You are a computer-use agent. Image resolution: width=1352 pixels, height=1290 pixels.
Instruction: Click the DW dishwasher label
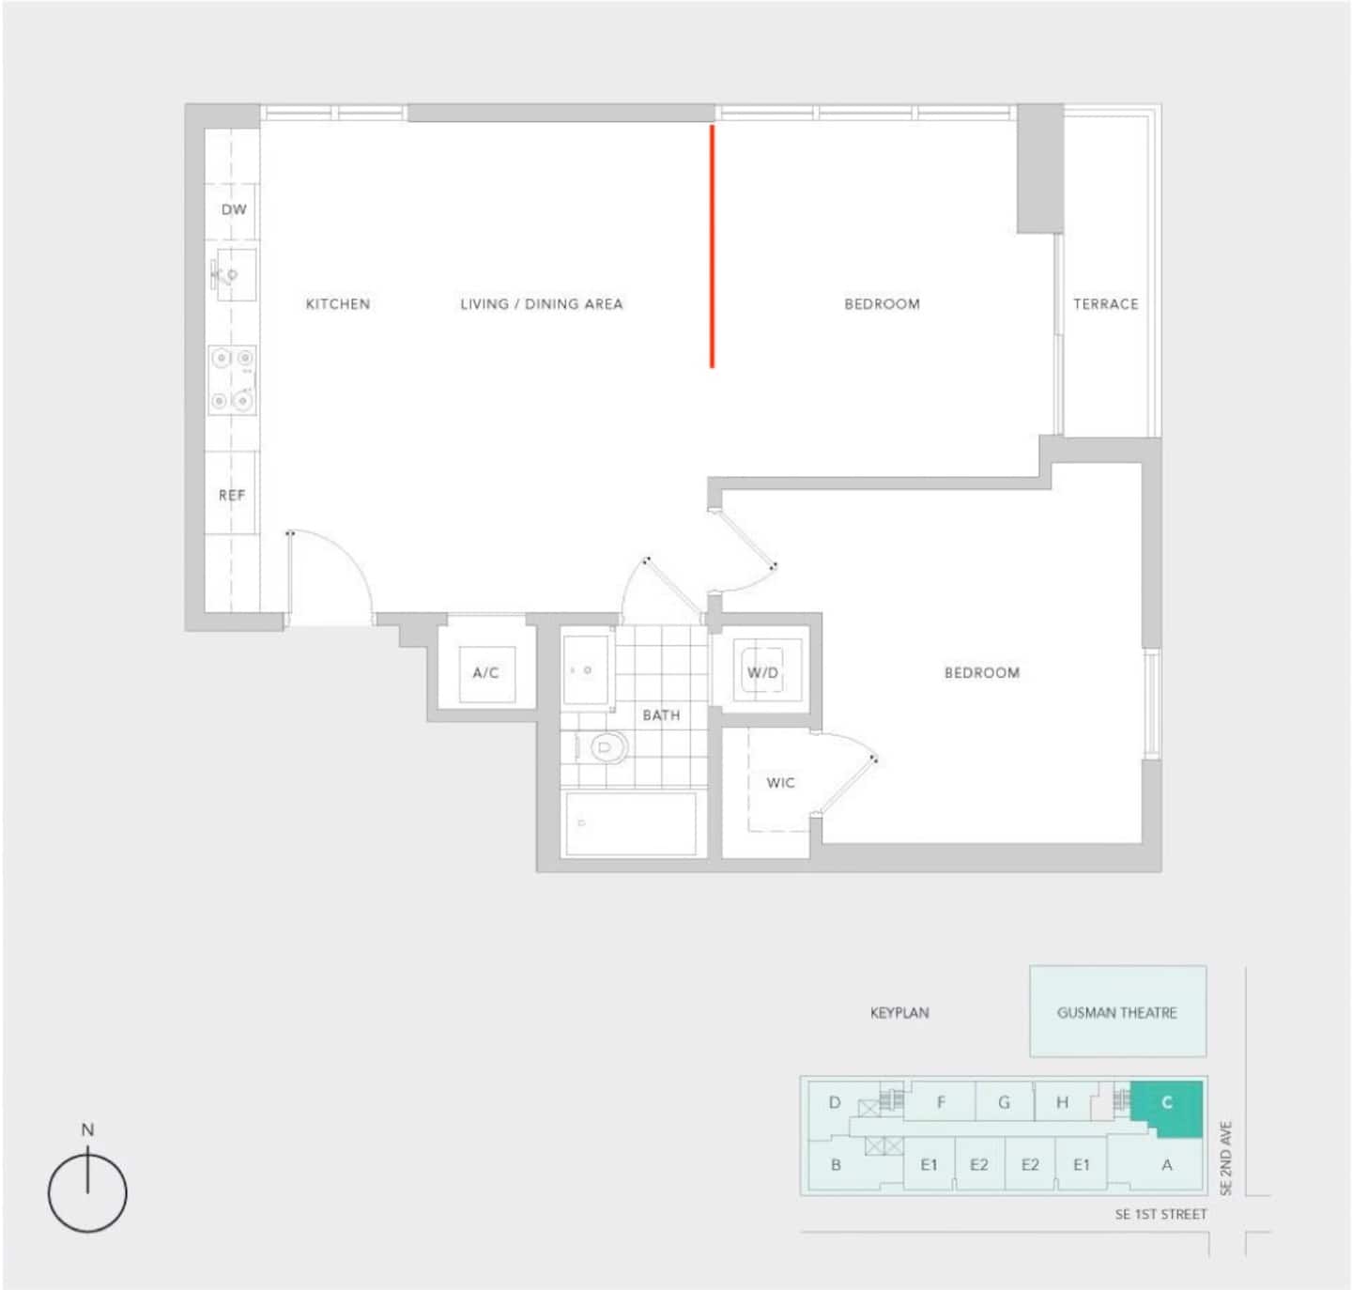pyautogui.click(x=234, y=209)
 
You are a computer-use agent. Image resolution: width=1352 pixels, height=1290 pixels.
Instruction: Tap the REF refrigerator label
pyautogui.click(x=232, y=495)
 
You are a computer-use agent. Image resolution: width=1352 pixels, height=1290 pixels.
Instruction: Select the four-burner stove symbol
pyautogui.click(x=233, y=380)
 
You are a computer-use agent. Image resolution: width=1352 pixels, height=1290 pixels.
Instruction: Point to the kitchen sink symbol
pyautogui.click(x=233, y=275)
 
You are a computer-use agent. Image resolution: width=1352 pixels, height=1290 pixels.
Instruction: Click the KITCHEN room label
pyautogui.click(x=338, y=304)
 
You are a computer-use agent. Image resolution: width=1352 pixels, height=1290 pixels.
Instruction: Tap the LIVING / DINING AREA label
pyautogui.click(x=542, y=304)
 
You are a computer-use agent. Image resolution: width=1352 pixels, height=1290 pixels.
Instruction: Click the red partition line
pyautogui.click(x=712, y=246)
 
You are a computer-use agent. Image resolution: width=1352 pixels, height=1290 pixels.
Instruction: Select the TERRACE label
pyautogui.click(x=1106, y=304)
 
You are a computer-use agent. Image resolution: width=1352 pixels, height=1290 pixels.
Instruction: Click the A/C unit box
pyautogui.click(x=487, y=674)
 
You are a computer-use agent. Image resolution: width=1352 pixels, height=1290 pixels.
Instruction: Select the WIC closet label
pyautogui.click(x=780, y=782)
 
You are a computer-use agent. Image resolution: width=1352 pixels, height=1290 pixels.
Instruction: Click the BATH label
pyautogui.click(x=661, y=715)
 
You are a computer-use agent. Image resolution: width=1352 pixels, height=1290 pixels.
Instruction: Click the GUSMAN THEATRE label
pyautogui.click(x=1117, y=1012)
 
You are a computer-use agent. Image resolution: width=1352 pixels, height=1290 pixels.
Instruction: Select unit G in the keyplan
pyautogui.click(x=1004, y=1102)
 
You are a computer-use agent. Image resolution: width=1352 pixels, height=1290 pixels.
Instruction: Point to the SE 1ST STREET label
pyautogui.click(x=1160, y=1214)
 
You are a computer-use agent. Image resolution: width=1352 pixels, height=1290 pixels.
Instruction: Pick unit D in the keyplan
pyautogui.click(x=834, y=1102)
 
